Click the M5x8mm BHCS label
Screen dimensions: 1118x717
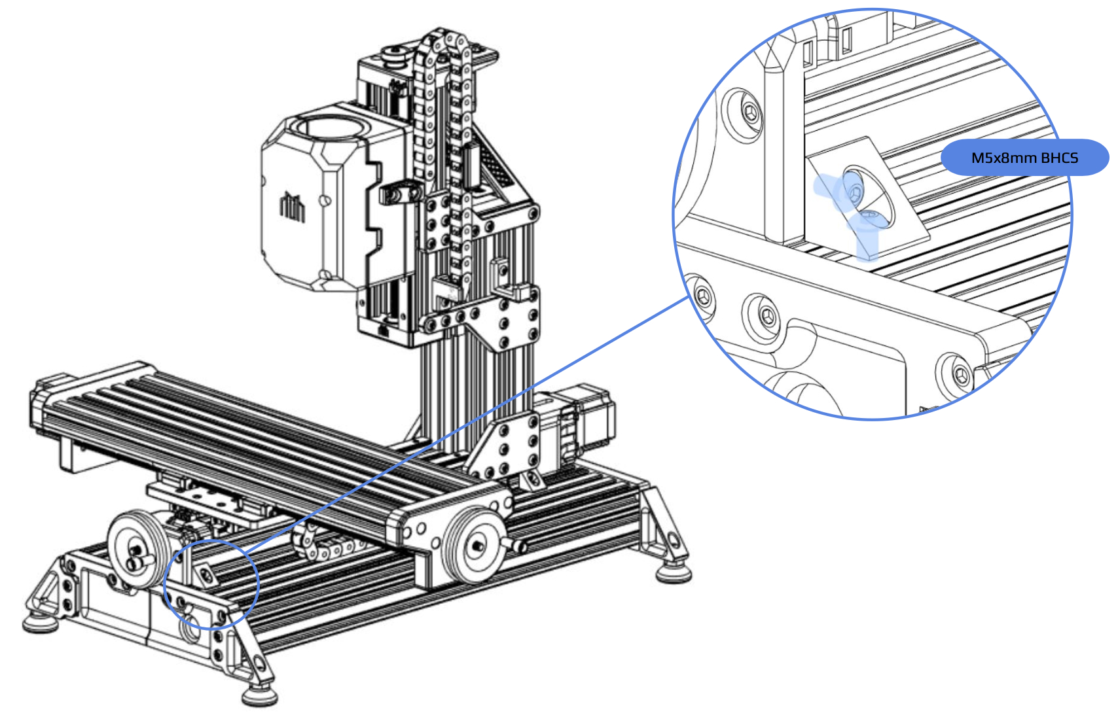point(1024,158)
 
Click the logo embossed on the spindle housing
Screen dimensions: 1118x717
point(293,206)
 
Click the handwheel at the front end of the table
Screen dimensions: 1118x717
point(475,546)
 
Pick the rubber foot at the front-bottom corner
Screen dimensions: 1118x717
point(259,695)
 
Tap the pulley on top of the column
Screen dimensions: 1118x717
point(396,54)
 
